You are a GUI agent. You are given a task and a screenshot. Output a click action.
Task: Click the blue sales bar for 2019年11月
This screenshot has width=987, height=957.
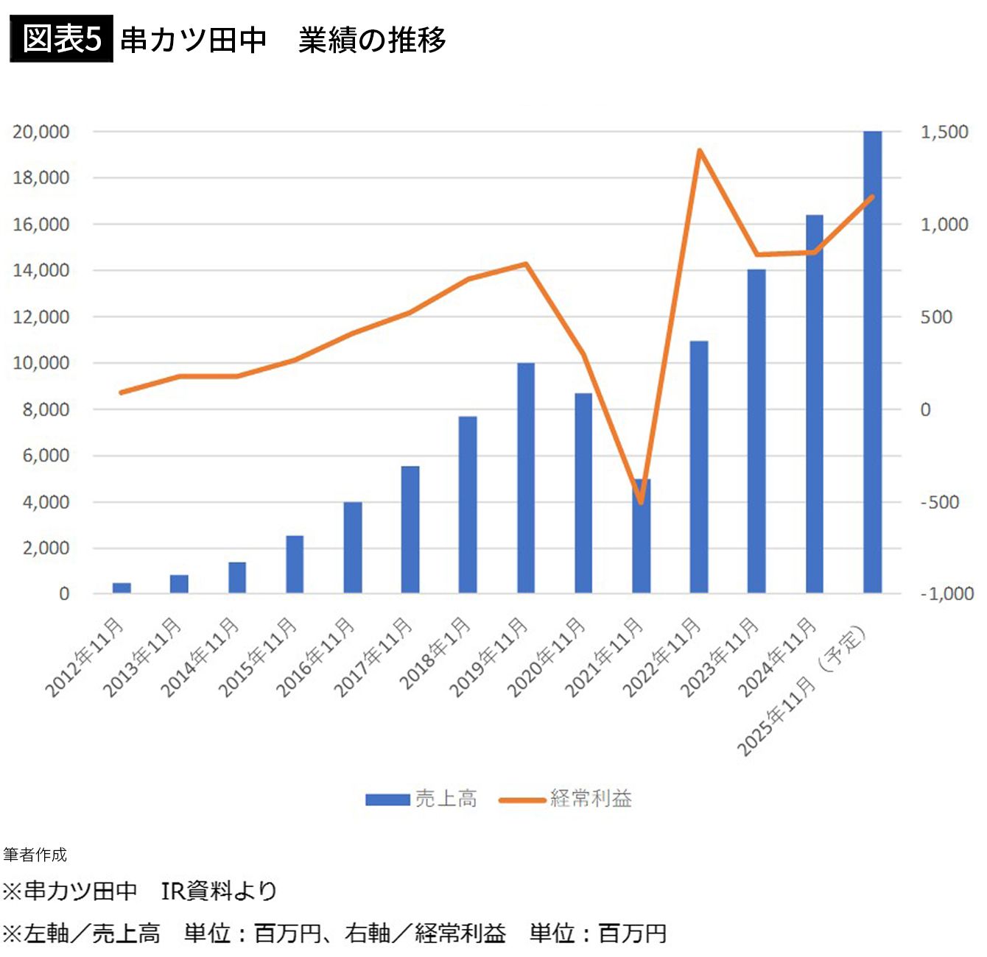pos(525,478)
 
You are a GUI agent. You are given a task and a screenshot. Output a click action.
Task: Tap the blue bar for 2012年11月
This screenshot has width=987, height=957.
pos(122,587)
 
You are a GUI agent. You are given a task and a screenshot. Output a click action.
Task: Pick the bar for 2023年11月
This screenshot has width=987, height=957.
pos(756,431)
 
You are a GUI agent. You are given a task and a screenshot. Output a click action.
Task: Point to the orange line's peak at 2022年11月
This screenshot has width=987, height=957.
pos(699,151)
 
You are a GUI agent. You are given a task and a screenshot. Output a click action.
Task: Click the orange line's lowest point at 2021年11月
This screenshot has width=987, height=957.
pos(641,503)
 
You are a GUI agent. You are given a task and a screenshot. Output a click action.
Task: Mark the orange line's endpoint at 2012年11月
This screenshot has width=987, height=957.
pos(122,392)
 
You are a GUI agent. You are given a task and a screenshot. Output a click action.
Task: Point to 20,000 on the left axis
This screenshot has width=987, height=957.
pos(41,132)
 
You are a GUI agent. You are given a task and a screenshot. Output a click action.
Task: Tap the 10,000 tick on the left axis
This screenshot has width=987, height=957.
pos(41,363)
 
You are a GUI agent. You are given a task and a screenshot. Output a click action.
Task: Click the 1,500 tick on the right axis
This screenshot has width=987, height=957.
pos(944,132)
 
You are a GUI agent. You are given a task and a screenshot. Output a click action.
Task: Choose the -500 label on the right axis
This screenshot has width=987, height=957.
pos(939,502)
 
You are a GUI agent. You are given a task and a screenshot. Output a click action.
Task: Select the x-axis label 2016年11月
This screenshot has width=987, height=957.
pos(315,657)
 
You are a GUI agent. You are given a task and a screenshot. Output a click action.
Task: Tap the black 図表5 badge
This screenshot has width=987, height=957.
pos(61,38)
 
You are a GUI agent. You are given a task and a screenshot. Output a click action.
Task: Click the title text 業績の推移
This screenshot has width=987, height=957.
pos(372,40)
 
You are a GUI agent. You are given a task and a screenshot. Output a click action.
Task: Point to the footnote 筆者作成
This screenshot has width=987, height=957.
pos(35,855)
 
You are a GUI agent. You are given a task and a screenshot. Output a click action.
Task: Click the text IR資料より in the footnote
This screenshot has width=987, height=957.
pos(219,891)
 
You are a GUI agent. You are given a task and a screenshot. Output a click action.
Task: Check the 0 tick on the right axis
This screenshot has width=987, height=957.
pos(926,410)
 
